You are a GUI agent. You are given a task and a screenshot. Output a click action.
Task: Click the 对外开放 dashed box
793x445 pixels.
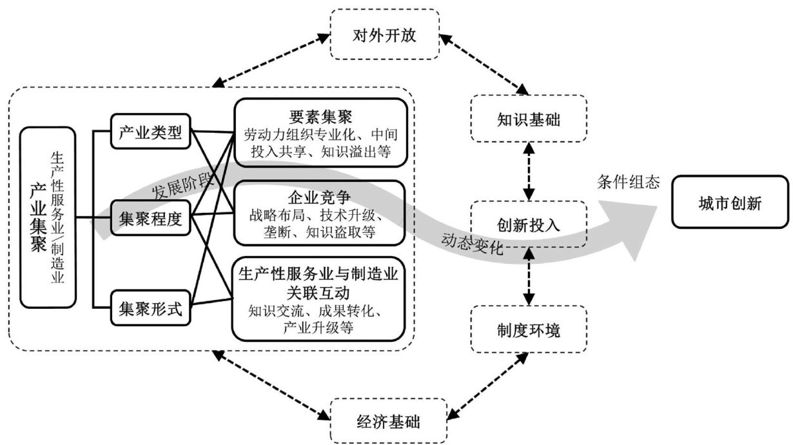(384, 34)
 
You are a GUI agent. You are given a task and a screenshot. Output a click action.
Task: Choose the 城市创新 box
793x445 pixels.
(730, 204)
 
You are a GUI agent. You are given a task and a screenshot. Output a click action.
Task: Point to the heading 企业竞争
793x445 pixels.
(319, 195)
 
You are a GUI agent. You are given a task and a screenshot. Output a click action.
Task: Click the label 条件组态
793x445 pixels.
(628, 183)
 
